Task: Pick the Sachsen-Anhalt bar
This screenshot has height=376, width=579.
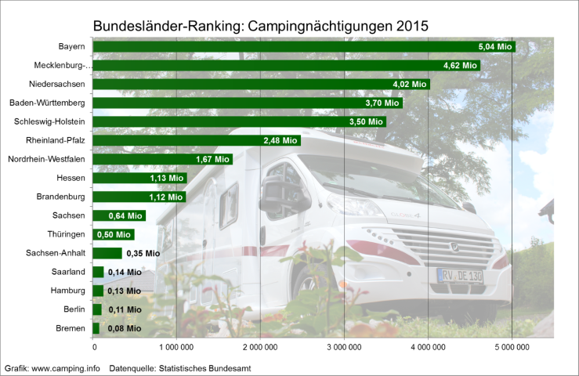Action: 107,253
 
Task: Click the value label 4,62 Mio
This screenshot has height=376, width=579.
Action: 460,66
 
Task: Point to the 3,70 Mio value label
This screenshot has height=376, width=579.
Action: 382,103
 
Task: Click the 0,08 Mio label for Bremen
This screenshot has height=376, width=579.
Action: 123,328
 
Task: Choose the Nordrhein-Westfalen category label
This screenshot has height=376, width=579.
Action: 46,160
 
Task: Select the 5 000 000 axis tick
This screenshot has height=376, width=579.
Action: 512,346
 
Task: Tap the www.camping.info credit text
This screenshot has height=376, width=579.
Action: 66,367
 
